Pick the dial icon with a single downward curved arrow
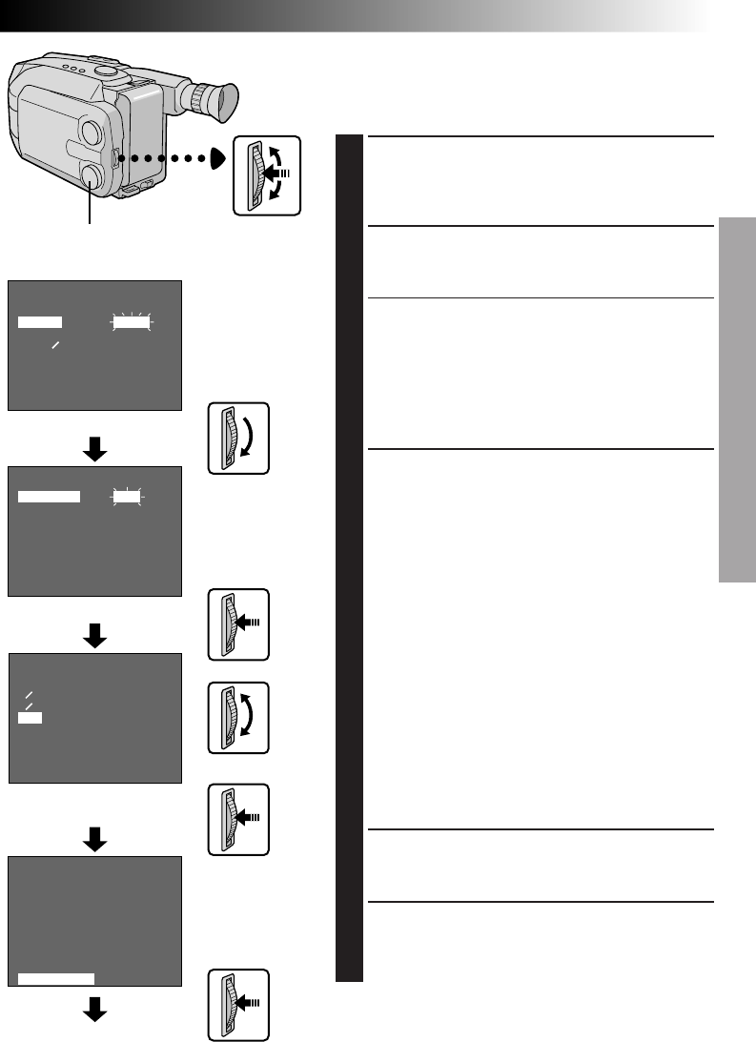pos(241,438)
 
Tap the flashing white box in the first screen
pos(133,323)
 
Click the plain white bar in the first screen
pos(40,323)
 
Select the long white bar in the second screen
pos(49,497)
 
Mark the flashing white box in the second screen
pos(125,497)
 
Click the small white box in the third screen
pos(30,717)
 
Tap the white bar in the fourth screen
pos(56,977)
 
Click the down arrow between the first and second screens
pos(94,451)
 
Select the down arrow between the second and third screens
pos(94,635)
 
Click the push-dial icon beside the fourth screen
pos(241,1006)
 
